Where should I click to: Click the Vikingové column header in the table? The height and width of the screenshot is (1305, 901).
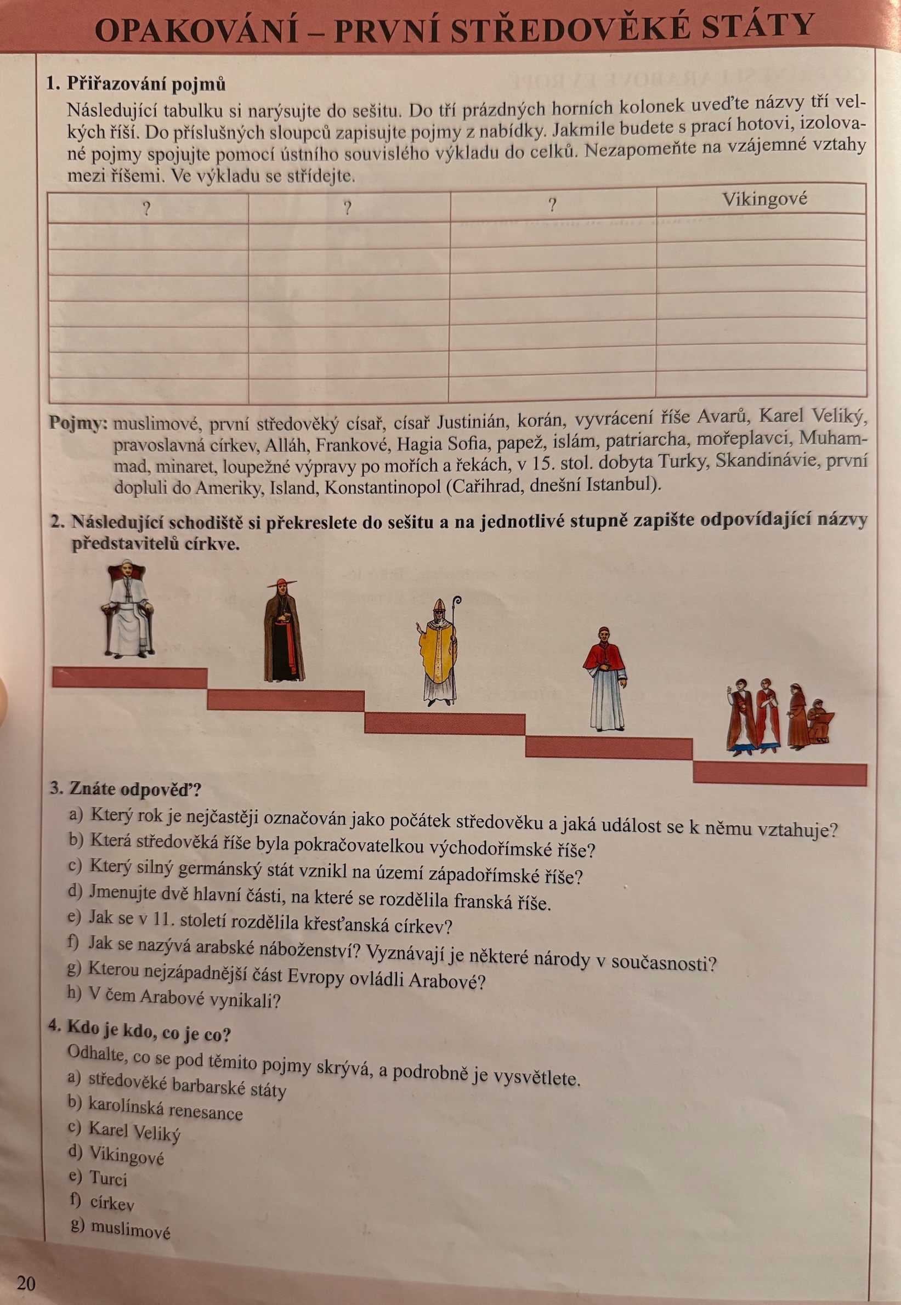point(764,199)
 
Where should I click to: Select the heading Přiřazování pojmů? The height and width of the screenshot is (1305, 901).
point(146,84)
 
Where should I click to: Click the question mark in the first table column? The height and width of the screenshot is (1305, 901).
point(146,209)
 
